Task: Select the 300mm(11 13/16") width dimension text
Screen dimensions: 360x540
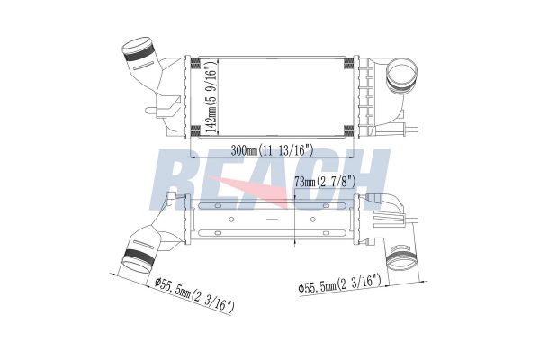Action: pos(270,149)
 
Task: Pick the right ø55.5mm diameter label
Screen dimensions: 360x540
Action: pos(340,286)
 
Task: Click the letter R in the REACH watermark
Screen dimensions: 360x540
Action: pos(178,177)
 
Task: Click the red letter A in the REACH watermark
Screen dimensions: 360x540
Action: pos(270,184)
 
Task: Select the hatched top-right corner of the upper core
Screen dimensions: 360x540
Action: pos(347,62)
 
